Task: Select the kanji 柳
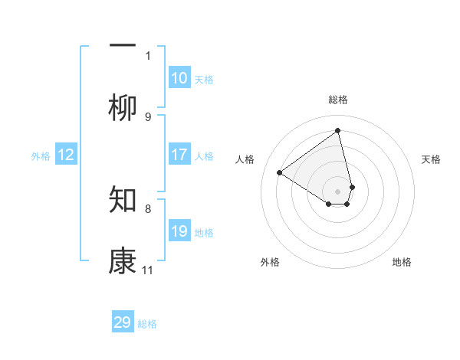(123, 109)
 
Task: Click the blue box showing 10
(179, 78)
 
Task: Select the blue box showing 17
(179, 155)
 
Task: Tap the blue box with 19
(179, 231)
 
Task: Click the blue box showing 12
(66, 155)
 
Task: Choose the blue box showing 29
(123, 322)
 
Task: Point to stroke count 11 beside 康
(148, 270)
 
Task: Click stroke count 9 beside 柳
(148, 116)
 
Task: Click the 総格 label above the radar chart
(338, 100)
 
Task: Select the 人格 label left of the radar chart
(245, 159)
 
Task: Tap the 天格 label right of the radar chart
(431, 159)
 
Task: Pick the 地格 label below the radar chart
(402, 262)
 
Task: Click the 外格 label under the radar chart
(270, 262)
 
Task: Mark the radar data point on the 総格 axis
(338, 131)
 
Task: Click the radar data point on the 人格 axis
(280, 172)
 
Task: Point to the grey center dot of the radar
(338, 191)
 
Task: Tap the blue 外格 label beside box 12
(41, 156)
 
